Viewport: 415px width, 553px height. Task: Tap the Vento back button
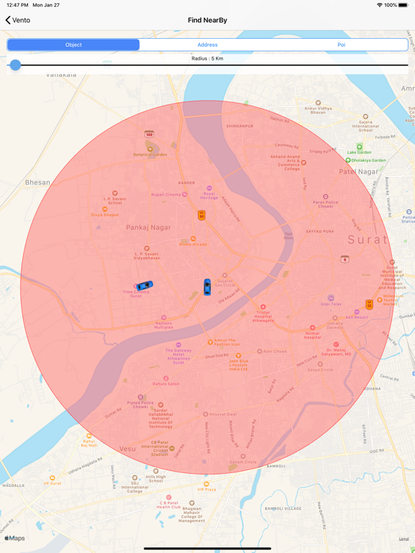click(18, 20)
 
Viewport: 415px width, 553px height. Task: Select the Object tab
click(73, 45)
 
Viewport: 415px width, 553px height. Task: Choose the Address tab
click(207, 45)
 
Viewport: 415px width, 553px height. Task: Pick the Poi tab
click(342, 45)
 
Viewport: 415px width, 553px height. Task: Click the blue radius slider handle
click(15, 65)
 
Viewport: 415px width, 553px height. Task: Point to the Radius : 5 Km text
click(207, 58)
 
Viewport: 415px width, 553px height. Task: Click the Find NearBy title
click(207, 20)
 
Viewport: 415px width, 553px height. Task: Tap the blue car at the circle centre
click(207, 287)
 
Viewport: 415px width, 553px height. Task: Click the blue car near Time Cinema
click(144, 286)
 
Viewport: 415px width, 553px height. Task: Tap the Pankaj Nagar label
click(148, 228)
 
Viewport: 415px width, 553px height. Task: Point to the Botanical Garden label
click(150, 154)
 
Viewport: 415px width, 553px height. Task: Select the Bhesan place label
click(37, 183)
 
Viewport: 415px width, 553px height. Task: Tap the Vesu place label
click(127, 449)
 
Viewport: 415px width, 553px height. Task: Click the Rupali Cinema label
click(166, 194)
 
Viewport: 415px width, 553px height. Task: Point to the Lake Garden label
click(359, 152)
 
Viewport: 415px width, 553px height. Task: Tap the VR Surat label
click(52, 483)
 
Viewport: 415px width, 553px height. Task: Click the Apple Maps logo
click(14, 538)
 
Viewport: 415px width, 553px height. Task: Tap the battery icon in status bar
click(404, 5)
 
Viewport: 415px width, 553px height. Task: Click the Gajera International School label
click(365, 125)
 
